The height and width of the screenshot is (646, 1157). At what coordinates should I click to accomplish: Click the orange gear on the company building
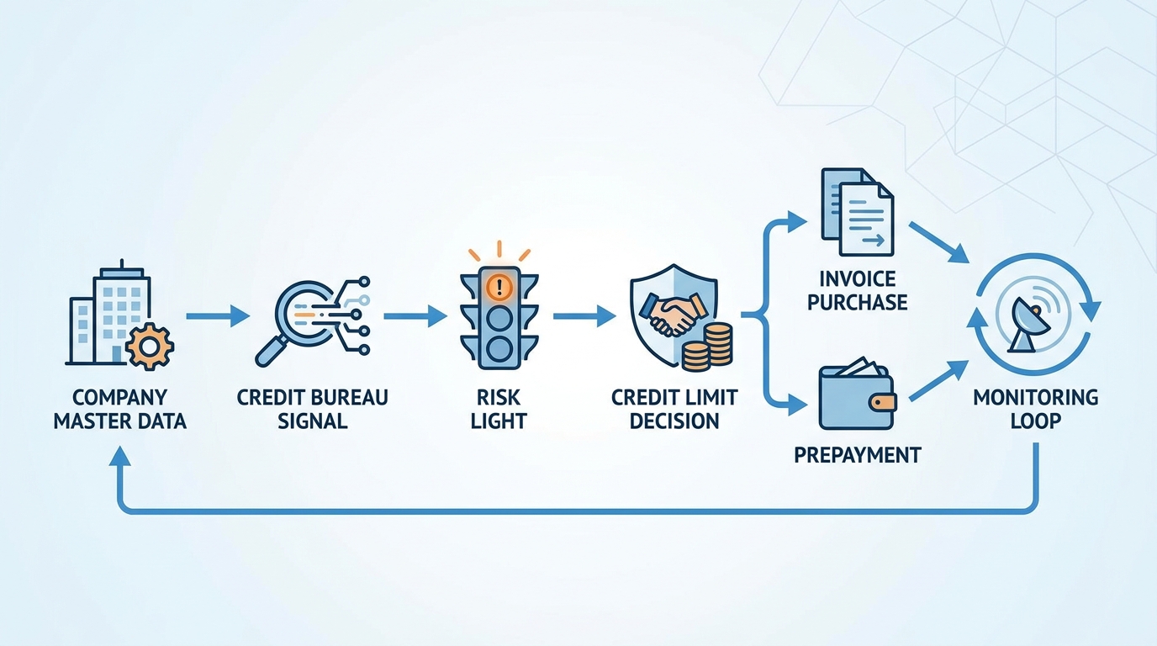coord(150,346)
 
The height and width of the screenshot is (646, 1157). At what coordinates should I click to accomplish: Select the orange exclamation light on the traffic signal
coord(499,287)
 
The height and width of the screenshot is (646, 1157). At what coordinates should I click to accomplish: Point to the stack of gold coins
coord(707,347)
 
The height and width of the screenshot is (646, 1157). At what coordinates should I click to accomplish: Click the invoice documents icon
coord(858,211)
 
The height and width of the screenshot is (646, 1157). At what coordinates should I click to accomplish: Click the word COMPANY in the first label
coord(120,397)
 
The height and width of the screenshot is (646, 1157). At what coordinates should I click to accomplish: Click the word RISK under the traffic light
coord(499,397)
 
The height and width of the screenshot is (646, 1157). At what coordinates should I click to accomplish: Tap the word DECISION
coord(674,421)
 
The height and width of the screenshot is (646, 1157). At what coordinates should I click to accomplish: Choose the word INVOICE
coord(858,279)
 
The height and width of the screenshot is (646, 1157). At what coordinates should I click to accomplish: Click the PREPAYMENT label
coord(858,455)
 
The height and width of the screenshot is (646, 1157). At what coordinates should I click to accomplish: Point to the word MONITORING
coord(1036,397)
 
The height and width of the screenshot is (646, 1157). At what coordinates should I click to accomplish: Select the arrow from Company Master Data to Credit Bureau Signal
coord(218,315)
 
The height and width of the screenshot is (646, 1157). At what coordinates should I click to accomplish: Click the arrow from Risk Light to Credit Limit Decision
coord(584,315)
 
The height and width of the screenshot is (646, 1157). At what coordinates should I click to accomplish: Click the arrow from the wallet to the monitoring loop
coord(938,381)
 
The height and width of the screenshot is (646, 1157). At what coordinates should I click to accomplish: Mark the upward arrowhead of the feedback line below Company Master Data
coord(120,457)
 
